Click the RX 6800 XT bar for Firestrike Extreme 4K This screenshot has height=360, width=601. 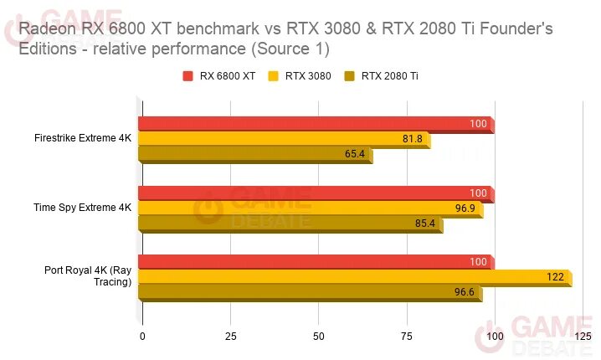point(316,125)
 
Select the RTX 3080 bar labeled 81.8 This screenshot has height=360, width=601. point(285,139)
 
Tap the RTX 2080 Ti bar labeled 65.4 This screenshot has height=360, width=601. point(255,154)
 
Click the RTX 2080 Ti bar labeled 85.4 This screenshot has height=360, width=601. point(290,223)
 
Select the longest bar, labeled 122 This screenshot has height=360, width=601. point(355,277)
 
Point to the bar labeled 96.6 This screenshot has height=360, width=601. point(311,292)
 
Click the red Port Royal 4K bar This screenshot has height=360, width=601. point(316,262)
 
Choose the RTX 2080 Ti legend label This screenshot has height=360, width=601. point(390,76)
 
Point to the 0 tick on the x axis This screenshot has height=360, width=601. point(142,337)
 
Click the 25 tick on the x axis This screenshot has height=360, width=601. point(230,337)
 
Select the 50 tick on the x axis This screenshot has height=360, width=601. point(319,337)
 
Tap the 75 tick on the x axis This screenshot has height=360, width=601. point(407,337)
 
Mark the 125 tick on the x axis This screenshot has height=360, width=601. point(583,337)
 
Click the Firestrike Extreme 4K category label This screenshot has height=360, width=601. point(84,136)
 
